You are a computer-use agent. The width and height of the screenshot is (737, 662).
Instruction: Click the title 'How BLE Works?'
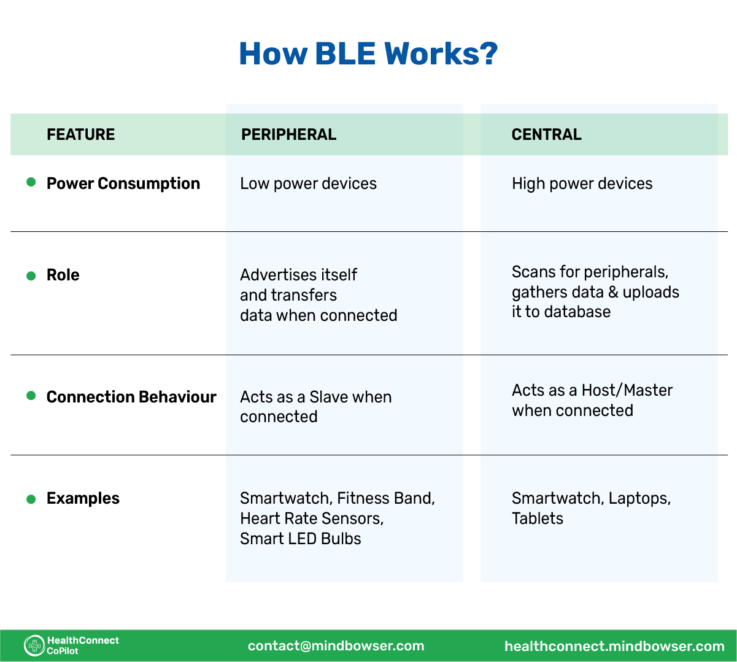pos(368,54)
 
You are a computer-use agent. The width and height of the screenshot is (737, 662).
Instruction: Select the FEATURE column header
pos(80,134)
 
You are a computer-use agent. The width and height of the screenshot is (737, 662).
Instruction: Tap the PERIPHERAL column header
pos(288,134)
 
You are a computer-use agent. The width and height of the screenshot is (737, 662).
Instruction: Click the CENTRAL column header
pos(546,134)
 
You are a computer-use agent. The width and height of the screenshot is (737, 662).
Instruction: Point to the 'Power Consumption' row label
pos(123,183)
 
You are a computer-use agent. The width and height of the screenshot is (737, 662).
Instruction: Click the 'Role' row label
pos(63,275)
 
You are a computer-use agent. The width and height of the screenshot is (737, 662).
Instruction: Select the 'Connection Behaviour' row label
pos(131,397)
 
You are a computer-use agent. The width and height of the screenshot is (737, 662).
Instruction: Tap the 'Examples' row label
pos(83,498)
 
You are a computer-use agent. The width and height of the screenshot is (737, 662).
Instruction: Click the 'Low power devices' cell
pos(308,183)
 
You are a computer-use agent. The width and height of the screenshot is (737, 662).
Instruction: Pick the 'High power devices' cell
pos(582,183)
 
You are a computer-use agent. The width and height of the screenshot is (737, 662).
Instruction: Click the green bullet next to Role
pos(31,275)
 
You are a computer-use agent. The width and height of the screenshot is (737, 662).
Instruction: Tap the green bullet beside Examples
pos(31,499)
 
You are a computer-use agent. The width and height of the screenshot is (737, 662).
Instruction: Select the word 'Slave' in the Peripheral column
pos(329,397)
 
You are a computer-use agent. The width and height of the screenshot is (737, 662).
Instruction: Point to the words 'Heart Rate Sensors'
pos(311,518)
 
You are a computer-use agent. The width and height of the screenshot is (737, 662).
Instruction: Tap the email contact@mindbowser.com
pos(336,645)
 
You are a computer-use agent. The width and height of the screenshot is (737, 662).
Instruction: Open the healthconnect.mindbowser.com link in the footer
pos(614,646)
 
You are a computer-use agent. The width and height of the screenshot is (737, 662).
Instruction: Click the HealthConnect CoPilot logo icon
pos(34,645)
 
